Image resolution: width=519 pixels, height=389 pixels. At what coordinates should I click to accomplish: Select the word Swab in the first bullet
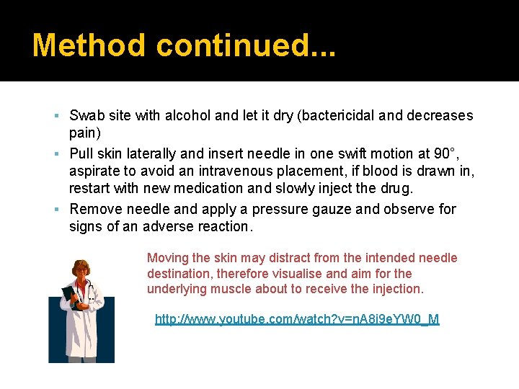click(x=86, y=115)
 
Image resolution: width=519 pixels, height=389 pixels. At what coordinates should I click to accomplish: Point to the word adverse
click(x=172, y=227)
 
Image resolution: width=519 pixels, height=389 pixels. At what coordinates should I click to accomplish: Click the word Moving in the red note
click(x=168, y=258)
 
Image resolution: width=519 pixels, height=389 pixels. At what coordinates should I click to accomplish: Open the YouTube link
click(x=297, y=319)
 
